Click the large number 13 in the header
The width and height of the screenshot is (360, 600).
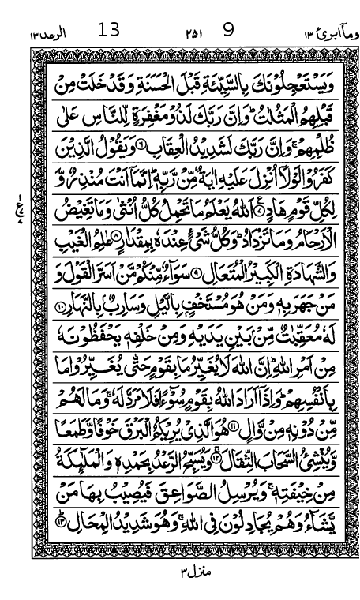[108, 32]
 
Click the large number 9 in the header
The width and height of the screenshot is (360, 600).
[229, 32]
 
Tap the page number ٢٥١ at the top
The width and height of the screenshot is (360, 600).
[172, 34]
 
